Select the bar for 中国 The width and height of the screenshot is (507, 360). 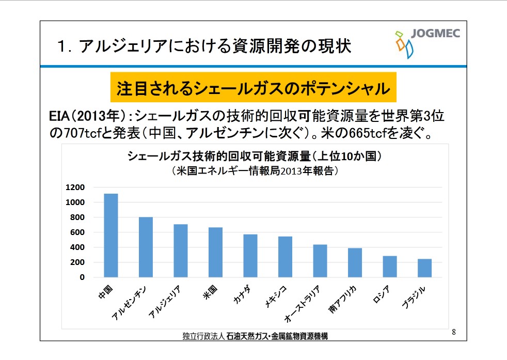111,236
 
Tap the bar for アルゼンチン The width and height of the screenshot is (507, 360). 146,247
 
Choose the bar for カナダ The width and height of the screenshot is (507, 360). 250,256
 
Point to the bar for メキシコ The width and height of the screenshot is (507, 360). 285,257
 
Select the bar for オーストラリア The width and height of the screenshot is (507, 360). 320,261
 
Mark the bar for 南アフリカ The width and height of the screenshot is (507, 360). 355,262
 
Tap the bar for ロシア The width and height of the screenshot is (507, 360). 390,267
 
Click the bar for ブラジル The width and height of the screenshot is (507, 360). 424,268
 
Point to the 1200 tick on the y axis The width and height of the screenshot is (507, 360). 75,187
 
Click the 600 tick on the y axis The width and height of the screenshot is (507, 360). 77,232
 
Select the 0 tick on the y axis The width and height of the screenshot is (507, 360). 82,277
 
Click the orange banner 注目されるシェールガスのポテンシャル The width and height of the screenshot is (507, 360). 253,88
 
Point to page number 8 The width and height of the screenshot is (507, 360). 454,331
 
